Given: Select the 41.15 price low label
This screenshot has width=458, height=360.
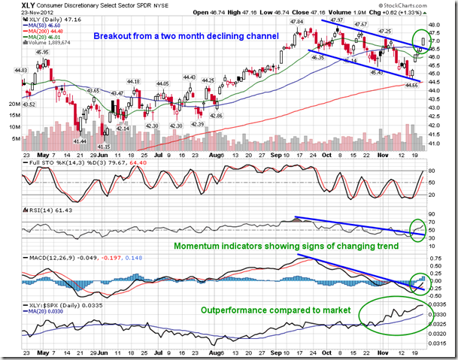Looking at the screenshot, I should [x=104, y=146].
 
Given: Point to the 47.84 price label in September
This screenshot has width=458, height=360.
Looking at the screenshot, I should [x=296, y=22].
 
